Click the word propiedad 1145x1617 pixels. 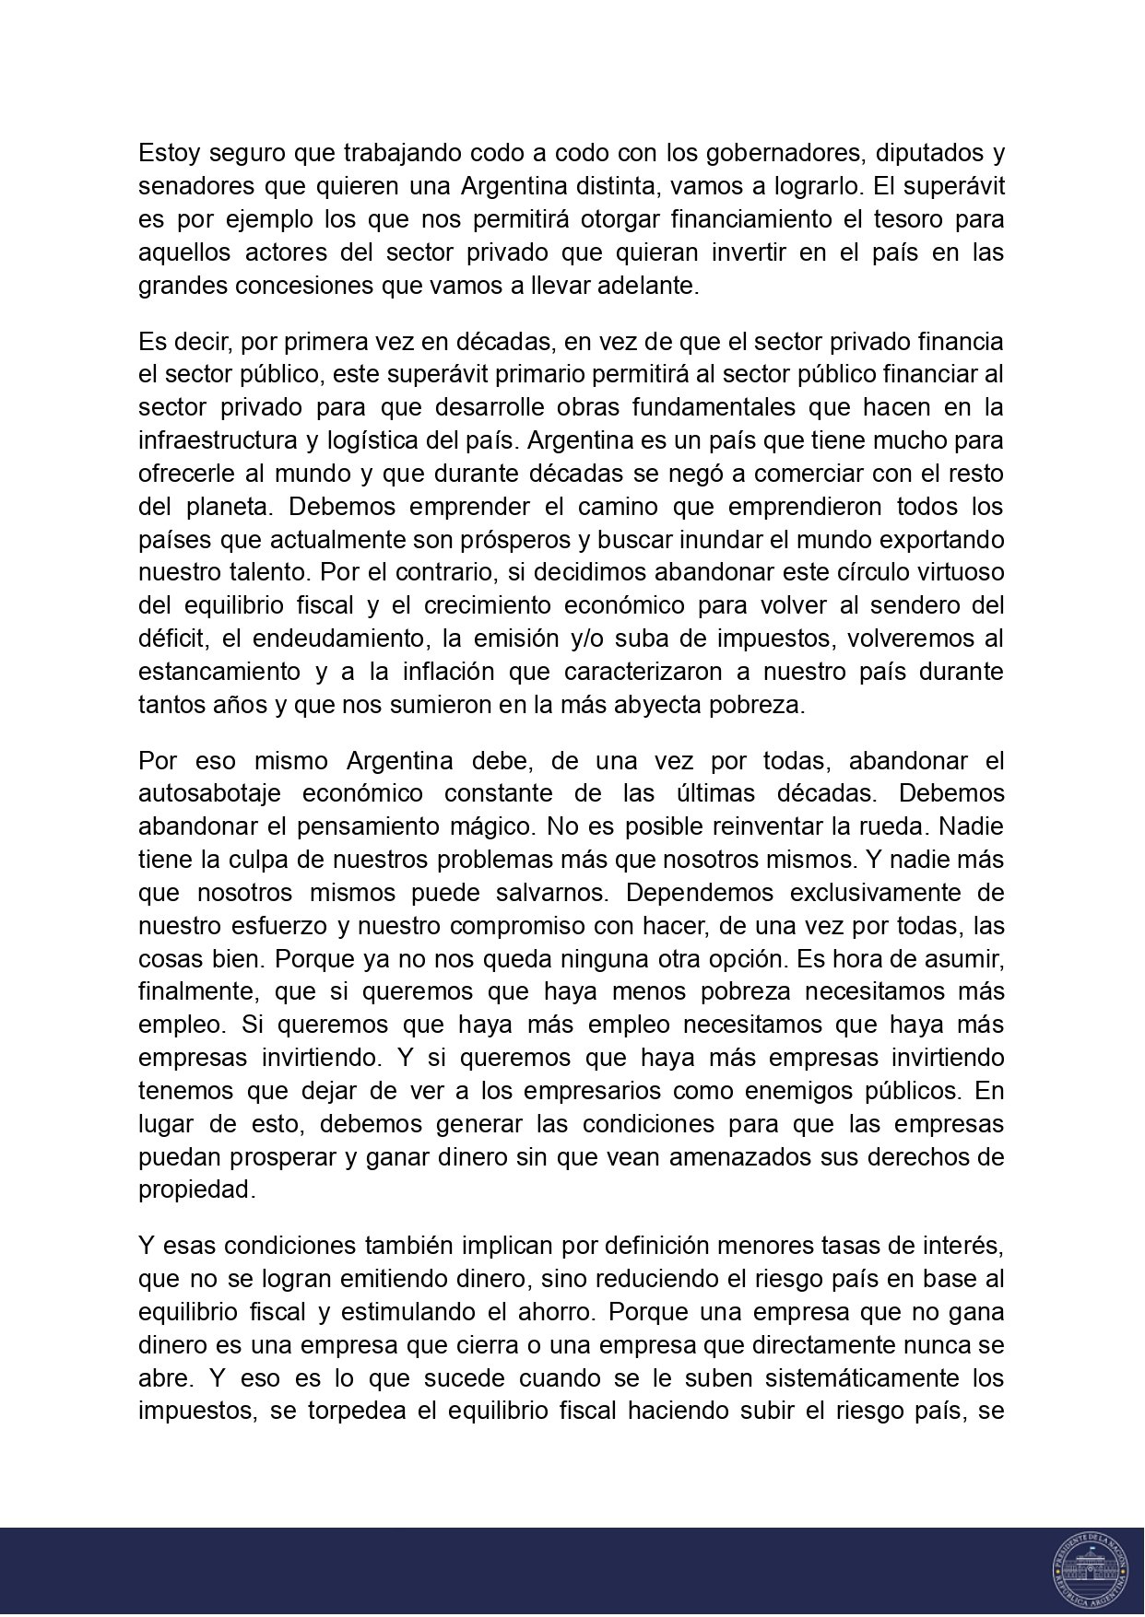click(x=194, y=1190)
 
